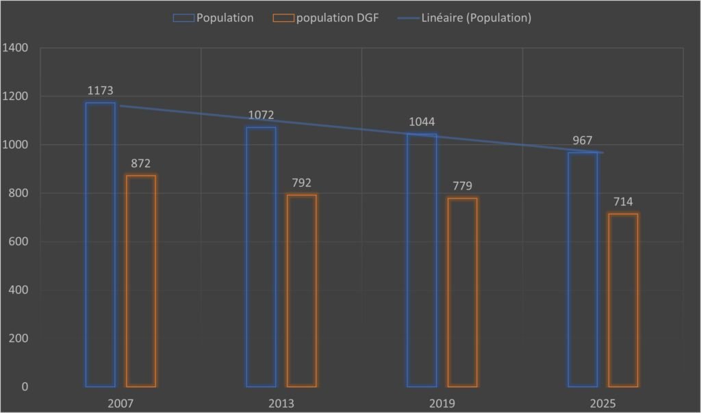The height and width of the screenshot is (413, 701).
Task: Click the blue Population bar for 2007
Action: tap(100, 245)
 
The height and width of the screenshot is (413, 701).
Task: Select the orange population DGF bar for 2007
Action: tap(141, 281)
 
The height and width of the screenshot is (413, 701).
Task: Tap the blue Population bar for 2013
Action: tap(261, 257)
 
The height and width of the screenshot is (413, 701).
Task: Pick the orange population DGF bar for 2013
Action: tap(302, 291)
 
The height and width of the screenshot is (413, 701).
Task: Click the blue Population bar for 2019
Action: tap(422, 261)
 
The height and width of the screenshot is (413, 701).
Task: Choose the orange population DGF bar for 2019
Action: tap(462, 293)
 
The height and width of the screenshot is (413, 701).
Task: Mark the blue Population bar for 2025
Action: tap(583, 269)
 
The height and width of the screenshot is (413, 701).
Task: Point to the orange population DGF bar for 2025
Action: tap(623, 300)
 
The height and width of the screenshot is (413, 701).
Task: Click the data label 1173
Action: tap(100, 90)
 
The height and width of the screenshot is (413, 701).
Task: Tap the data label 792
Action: tap(301, 183)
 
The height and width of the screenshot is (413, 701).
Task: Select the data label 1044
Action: tap(422, 122)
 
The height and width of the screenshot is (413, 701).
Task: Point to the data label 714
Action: tap(623, 202)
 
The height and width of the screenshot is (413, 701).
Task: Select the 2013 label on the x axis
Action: tap(281, 403)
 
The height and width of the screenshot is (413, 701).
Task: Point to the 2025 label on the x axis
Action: tap(602, 403)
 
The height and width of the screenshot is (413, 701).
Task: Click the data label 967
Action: tap(583, 140)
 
